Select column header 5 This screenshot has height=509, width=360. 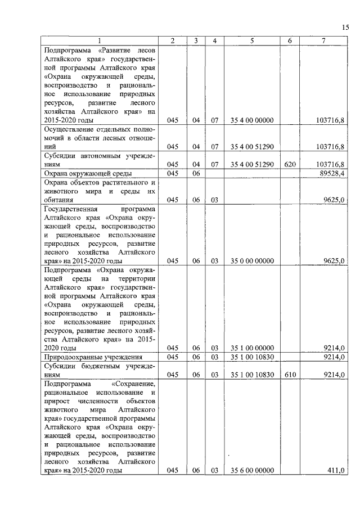[x=251, y=40]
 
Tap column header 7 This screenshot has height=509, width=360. [x=323, y=40]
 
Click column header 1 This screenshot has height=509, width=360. [x=100, y=40]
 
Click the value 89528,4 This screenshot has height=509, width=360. [x=331, y=173]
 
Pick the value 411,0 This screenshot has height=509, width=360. [x=335, y=471]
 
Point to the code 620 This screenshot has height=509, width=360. [x=289, y=164]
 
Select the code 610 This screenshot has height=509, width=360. [x=289, y=374]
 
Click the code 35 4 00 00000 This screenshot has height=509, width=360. [x=251, y=120]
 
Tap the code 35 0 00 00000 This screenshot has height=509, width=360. [x=251, y=261]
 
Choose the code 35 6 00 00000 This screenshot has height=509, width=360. [x=251, y=471]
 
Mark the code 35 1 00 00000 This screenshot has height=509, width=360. [x=251, y=348]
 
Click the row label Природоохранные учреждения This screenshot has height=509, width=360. [x=93, y=357]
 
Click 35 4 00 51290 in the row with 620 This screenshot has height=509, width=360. [x=251, y=164]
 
